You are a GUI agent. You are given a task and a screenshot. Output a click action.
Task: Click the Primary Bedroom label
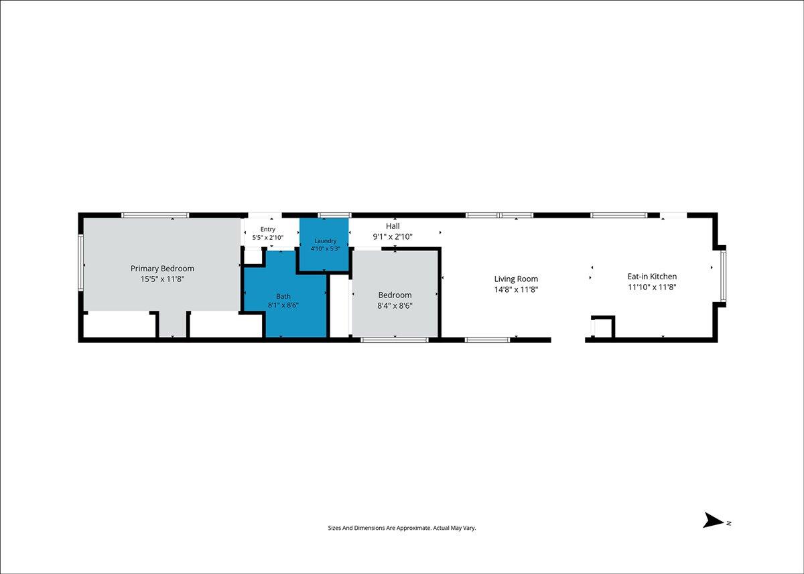click(162, 269)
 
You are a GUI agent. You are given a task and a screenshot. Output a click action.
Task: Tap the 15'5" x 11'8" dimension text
click(162, 279)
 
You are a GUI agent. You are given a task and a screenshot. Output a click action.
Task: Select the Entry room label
click(268, 229)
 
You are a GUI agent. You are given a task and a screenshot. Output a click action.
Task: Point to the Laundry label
click(325, 241)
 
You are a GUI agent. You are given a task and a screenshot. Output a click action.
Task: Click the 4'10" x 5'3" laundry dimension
click(325, 248)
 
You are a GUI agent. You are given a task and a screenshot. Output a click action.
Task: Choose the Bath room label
click(283, 296)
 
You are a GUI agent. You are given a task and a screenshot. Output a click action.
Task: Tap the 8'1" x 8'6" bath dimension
click(283, 305)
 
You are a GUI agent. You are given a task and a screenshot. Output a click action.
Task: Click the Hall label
click(393, 226)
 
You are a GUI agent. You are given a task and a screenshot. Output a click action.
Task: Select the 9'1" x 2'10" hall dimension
click(393, 237)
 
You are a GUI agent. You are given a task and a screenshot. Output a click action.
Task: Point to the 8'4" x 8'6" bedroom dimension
click(395, 305)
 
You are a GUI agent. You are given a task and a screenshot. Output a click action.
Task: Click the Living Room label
click(516, 279)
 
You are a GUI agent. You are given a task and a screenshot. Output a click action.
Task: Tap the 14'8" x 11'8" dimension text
click(516, 289)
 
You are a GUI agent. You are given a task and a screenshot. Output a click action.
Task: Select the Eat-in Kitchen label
click(652, 276)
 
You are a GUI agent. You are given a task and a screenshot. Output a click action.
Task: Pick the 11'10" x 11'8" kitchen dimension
click(652, 287)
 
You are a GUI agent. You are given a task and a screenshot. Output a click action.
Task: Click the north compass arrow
click(714, 520)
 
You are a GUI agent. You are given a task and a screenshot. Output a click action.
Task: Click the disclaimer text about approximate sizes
click(402, 528)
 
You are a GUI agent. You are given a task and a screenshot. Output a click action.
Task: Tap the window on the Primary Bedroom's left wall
click(81, 262)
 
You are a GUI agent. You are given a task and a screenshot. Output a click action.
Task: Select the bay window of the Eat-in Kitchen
click(723, 276)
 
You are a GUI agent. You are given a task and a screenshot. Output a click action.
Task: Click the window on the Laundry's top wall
click(334, 215)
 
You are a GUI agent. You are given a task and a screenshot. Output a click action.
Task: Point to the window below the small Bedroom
click(395, 340)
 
